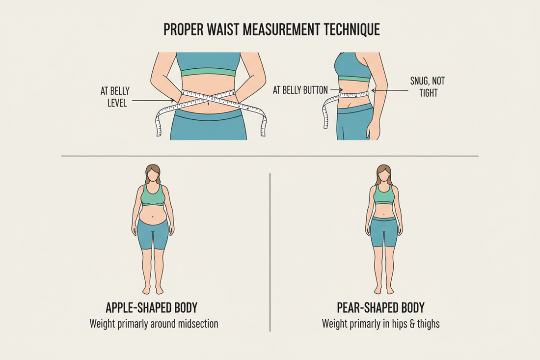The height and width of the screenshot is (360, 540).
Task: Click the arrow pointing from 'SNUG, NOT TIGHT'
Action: [x=389, y=90]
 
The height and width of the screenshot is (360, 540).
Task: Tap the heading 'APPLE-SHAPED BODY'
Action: [x=152, y=308]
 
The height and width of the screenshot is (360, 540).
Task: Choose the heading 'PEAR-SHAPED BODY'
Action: [x=380, y=308]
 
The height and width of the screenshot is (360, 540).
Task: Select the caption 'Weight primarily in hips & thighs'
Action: [x=380, y=324]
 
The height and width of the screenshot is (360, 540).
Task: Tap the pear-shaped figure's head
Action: [x=384, y=174]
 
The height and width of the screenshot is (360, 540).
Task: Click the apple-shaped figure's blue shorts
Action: [x=152, y=233]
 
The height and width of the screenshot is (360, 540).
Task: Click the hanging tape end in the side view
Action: [x=325, y=113]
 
